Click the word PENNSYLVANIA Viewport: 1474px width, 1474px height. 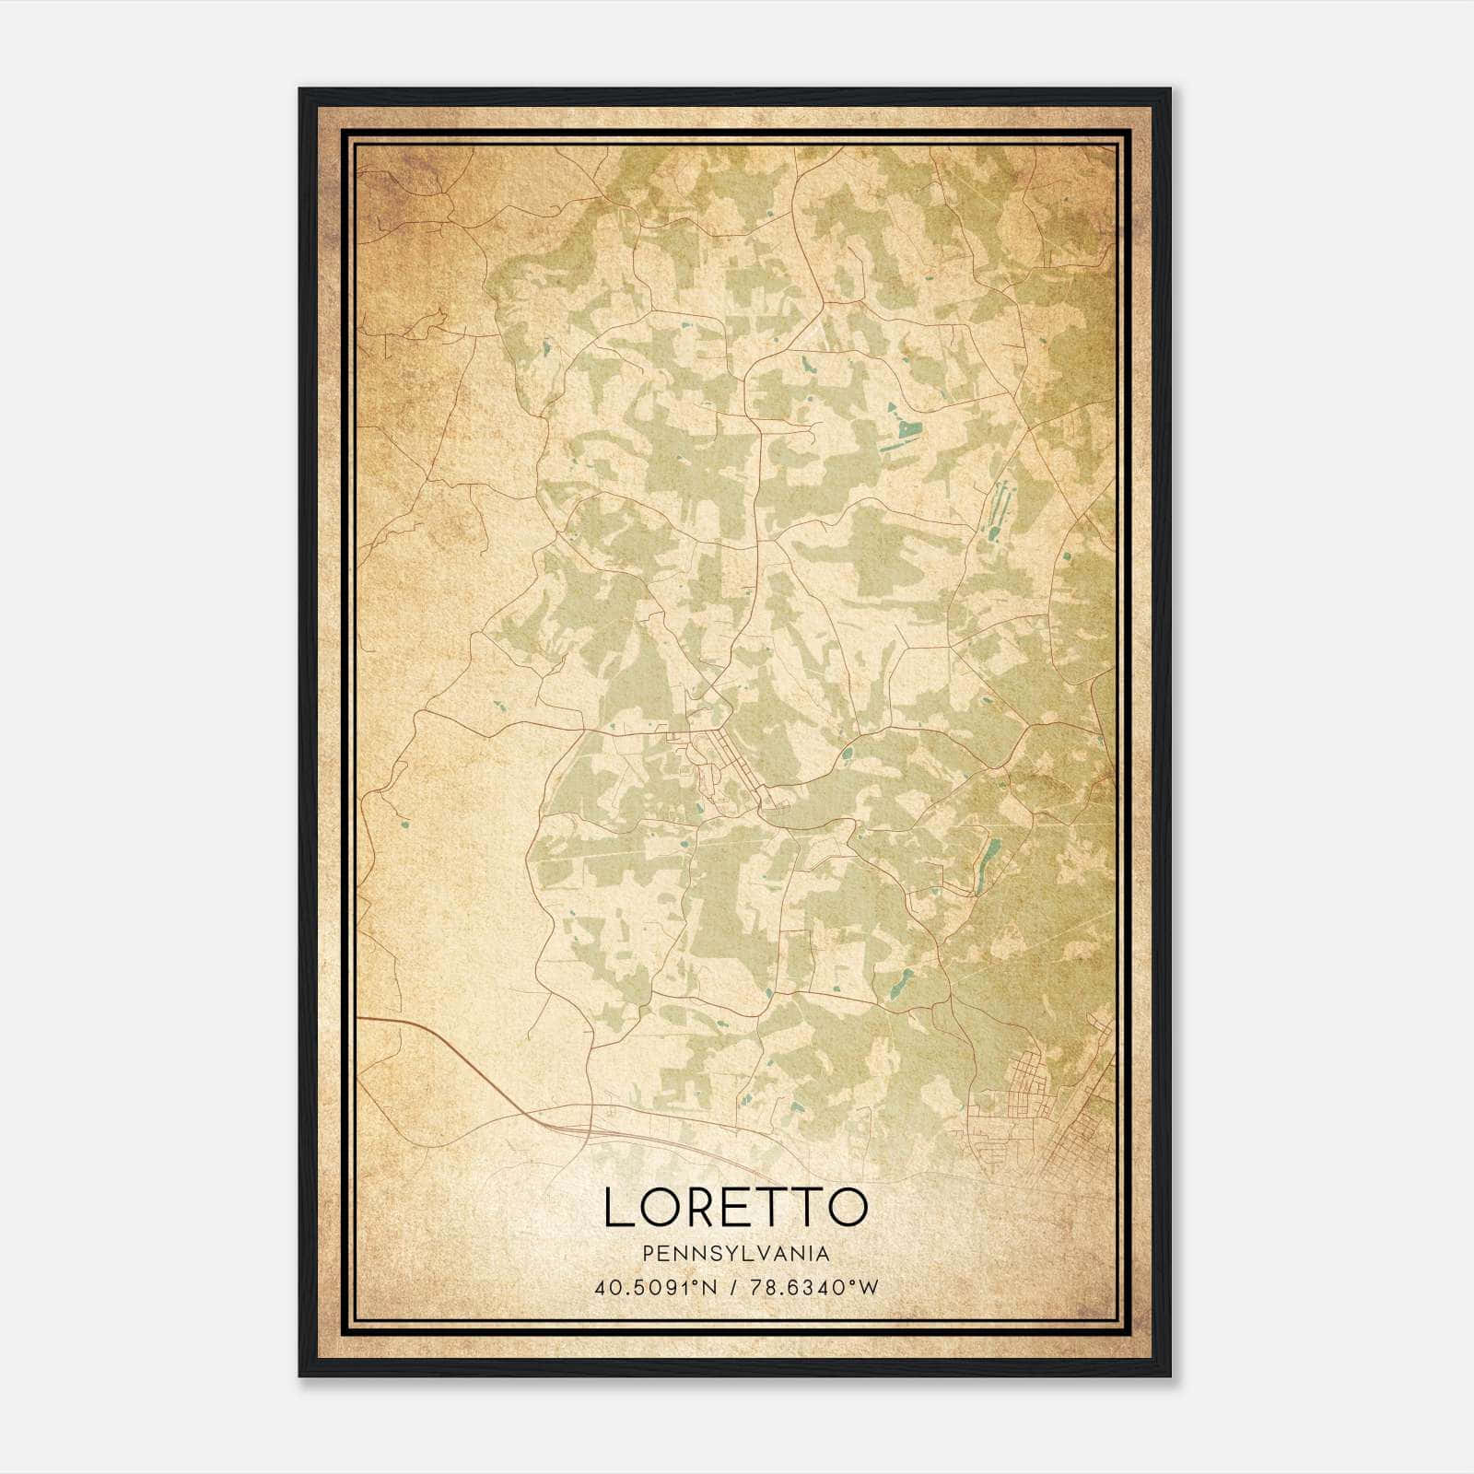coord(736,1254)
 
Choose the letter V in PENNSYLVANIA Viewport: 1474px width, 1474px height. coord(758,1254)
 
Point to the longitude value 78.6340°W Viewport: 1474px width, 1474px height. coord(813,1287)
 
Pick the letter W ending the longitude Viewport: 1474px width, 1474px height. coord(870,1287)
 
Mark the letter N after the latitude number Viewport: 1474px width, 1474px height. coord(710,1287)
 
